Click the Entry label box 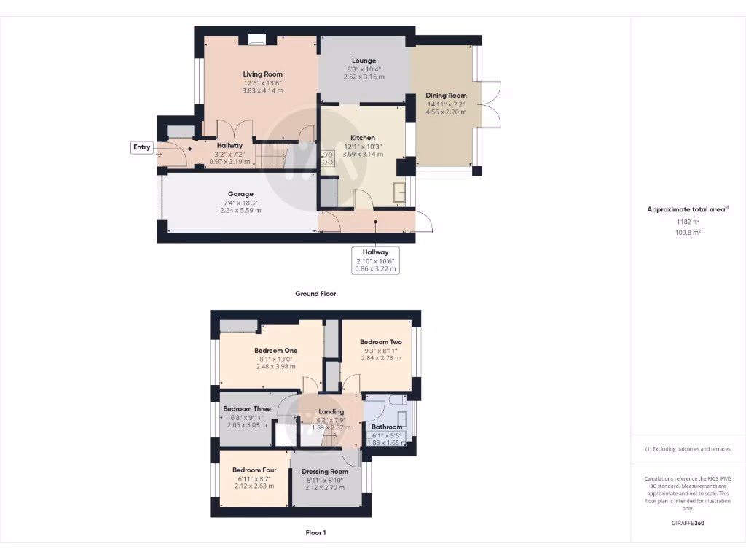pos(141,147)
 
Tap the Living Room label pos(262,74)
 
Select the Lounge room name pos(364,61)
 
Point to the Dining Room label pos(446,96)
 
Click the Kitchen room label pos(363,138)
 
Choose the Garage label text pos(240,194)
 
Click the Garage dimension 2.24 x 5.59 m pos(240,210)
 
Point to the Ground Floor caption pos(315,294)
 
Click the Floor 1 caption pos(315,533)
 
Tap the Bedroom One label pos(275,351)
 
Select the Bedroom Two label pos(380,342)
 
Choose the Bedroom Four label pos(254,470)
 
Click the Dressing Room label pos(325,472)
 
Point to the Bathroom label pos(387,427)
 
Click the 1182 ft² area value pos(688,222)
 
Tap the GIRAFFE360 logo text pos(688,523)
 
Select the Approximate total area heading pos(686,209)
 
